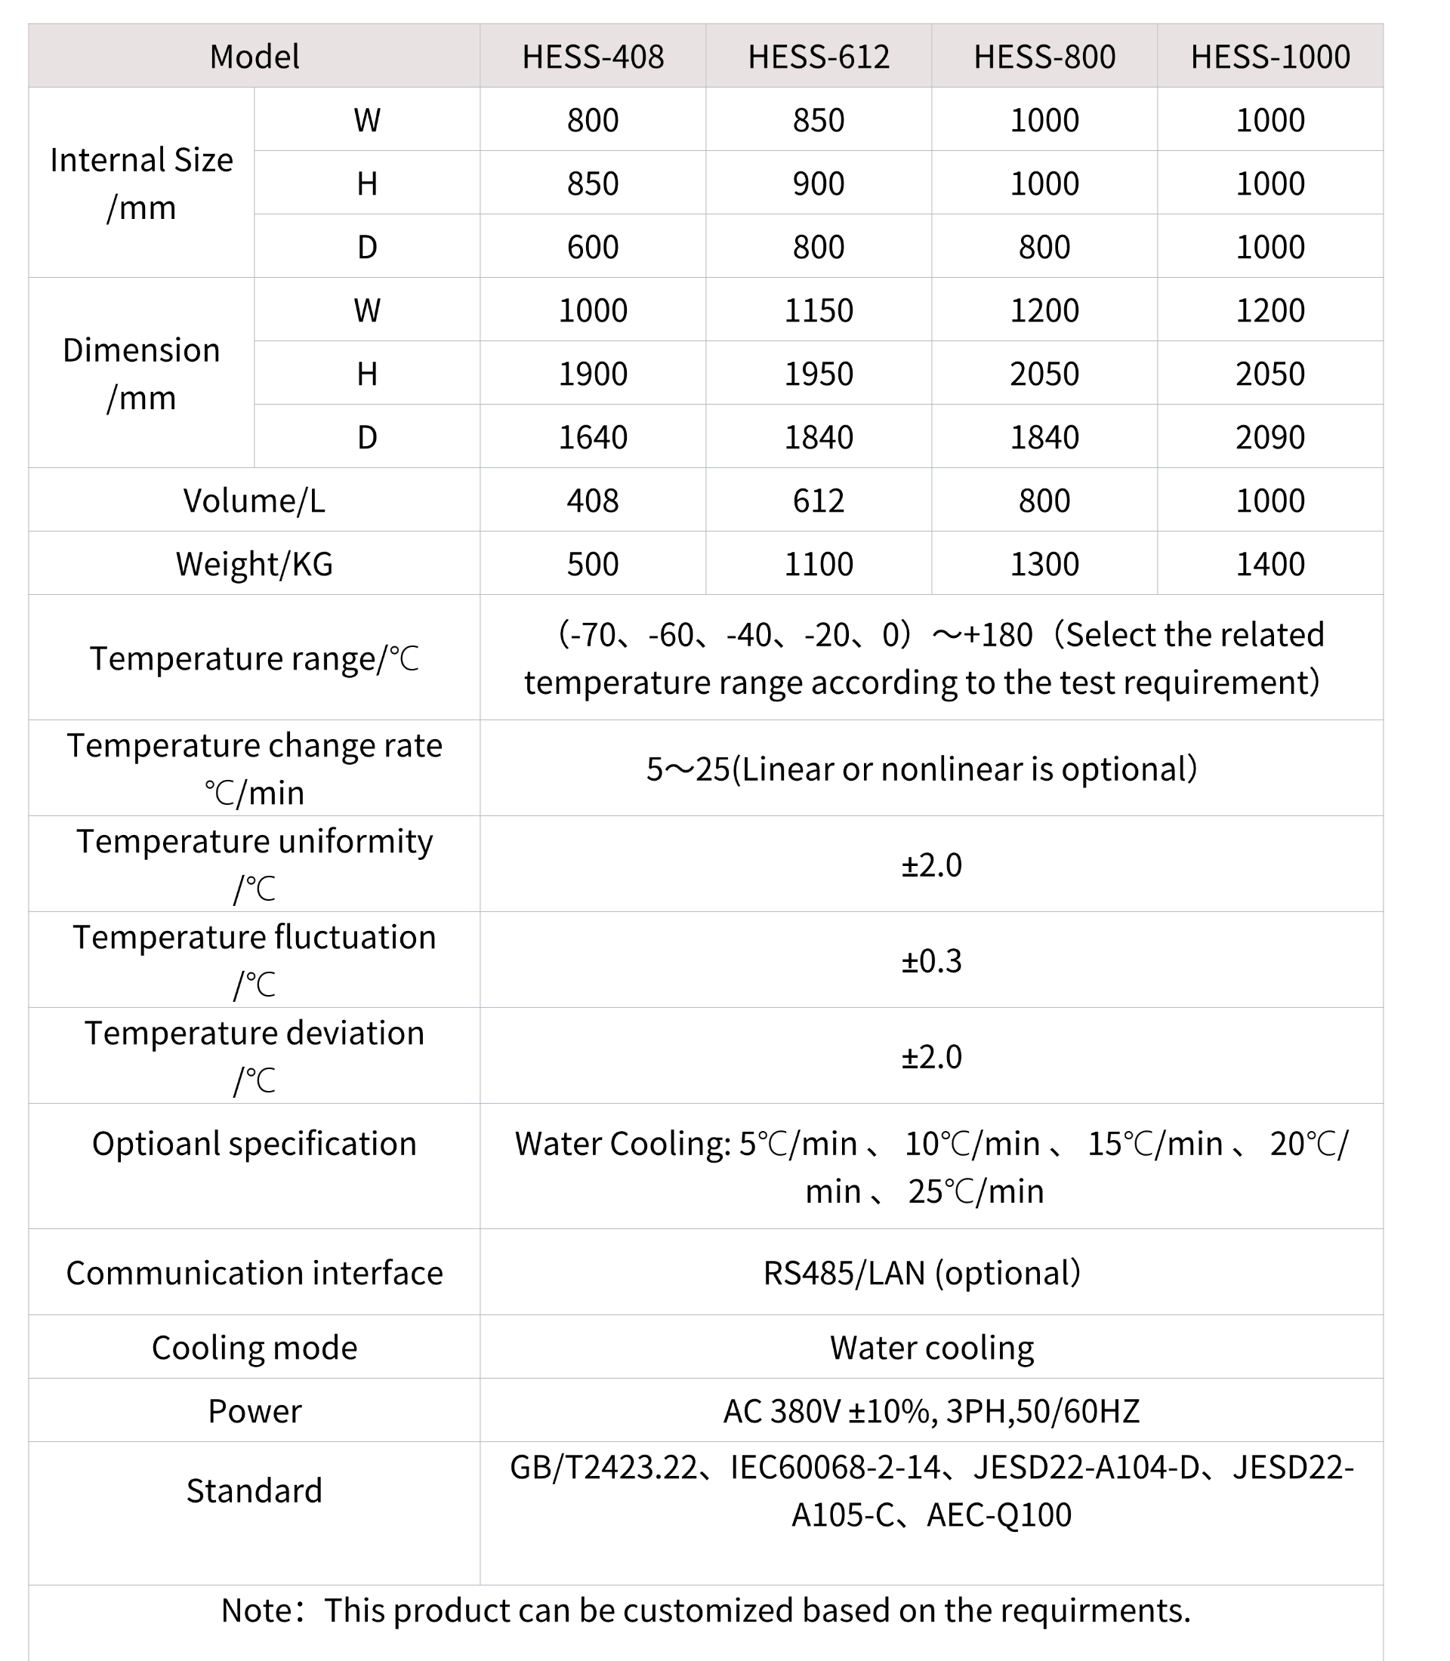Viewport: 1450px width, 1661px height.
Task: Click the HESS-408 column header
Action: [592, 57]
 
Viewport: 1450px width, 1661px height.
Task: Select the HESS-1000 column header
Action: [1270, 57]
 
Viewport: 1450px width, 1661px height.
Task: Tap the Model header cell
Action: [254, 57]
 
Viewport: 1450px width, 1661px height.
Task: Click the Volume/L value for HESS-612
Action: [818, 501]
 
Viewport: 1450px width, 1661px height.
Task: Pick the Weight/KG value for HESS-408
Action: [592, 564]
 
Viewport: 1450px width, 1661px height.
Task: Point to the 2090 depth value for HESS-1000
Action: [1270, 438]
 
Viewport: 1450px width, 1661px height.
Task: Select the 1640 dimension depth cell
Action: [592, 438]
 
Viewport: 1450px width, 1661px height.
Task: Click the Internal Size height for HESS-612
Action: [818, 183]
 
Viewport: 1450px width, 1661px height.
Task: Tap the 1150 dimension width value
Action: [818, 310]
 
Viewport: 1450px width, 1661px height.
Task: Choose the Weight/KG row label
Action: [254, 564]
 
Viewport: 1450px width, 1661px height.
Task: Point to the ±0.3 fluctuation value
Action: [931, 961]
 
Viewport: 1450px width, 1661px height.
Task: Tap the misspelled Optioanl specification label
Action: [254, 1144]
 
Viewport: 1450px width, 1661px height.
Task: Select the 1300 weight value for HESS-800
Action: [1044, 564]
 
